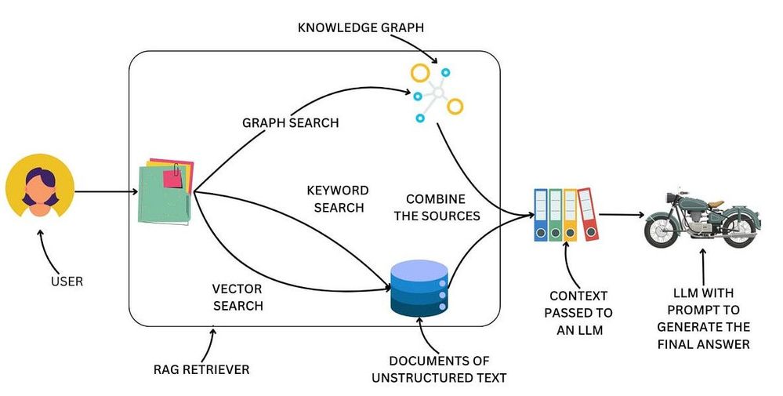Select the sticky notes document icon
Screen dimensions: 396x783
pos(165,191)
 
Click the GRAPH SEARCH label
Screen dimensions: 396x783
pos(290,123)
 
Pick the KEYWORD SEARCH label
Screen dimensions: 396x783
pos(338,198)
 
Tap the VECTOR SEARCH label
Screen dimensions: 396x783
pos(237,296)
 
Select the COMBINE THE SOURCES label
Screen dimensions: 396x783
pos(436,207)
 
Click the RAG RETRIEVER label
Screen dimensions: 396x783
pos(201,368)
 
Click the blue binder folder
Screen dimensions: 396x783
pos(541,214)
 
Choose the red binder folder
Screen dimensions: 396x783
pos(588,213)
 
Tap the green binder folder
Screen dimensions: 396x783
pos(556,214)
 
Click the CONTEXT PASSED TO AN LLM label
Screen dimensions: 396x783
pos(580,313)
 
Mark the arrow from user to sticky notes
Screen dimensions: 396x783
pos(102,191)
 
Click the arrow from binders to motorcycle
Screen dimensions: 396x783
pos(623,213)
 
